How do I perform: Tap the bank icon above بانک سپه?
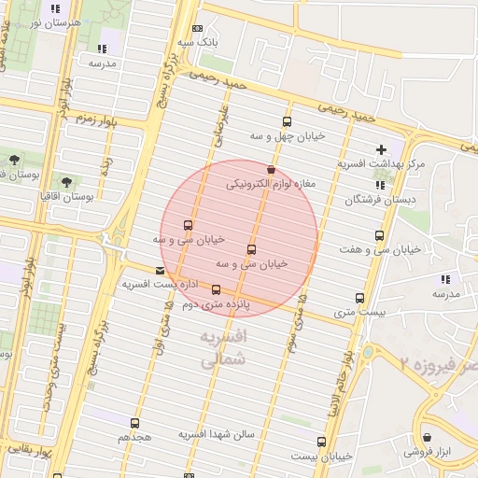tap(196, 28)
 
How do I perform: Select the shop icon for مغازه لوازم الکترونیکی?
tap(271, 170)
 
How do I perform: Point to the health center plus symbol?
tap(381, 149)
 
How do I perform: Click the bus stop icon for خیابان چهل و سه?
tap(287, 121)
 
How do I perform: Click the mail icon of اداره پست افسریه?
tap(160, 271)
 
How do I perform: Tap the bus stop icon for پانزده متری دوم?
tap(217, 289)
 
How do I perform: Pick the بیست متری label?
tap(359, 313)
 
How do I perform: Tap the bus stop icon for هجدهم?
tap(135, 423)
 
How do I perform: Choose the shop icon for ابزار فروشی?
tap(427, 436)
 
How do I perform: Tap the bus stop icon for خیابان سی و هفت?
tap(378, 235)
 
